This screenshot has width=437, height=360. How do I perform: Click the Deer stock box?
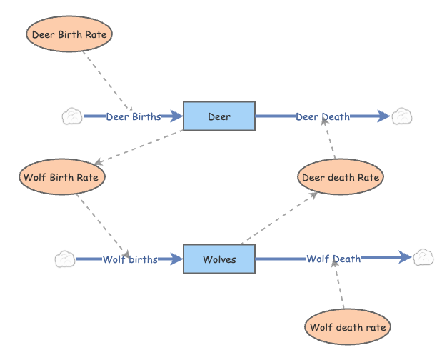pyautogui.click(x=219, y=116)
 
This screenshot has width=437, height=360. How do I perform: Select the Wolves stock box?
pyautogui.click(x=219, y=259)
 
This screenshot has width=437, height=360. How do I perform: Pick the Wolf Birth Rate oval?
pyautogui.click(x=63, y=176)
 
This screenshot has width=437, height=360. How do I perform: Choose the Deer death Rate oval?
pyautogui.click(x=341, y=176)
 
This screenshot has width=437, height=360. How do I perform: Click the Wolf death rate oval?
pyautogui.click(x=348, y=328)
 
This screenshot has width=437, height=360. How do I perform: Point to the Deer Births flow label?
pyautogui.click(x=134, y=116)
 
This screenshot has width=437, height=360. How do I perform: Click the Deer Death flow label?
pyautogui.click(x=323, y=116)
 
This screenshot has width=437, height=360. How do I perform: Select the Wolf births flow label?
pyautogui.click(x=130, y=259)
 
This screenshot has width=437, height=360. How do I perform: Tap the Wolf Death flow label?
pyautogui.click(x=333, y=259)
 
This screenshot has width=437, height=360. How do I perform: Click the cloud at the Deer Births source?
pyautogui.click(x=72, y=116)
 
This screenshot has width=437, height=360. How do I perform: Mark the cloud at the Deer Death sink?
pyautogui.click(x=401, y=116)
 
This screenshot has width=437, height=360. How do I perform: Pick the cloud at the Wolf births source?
pyautogui.click(x=65, y=259)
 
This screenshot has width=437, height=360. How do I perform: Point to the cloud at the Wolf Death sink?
pyautogui.click(x=423, y=257)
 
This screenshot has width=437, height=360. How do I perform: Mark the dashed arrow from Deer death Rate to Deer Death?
pyautogui.click(x=330, y=140)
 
